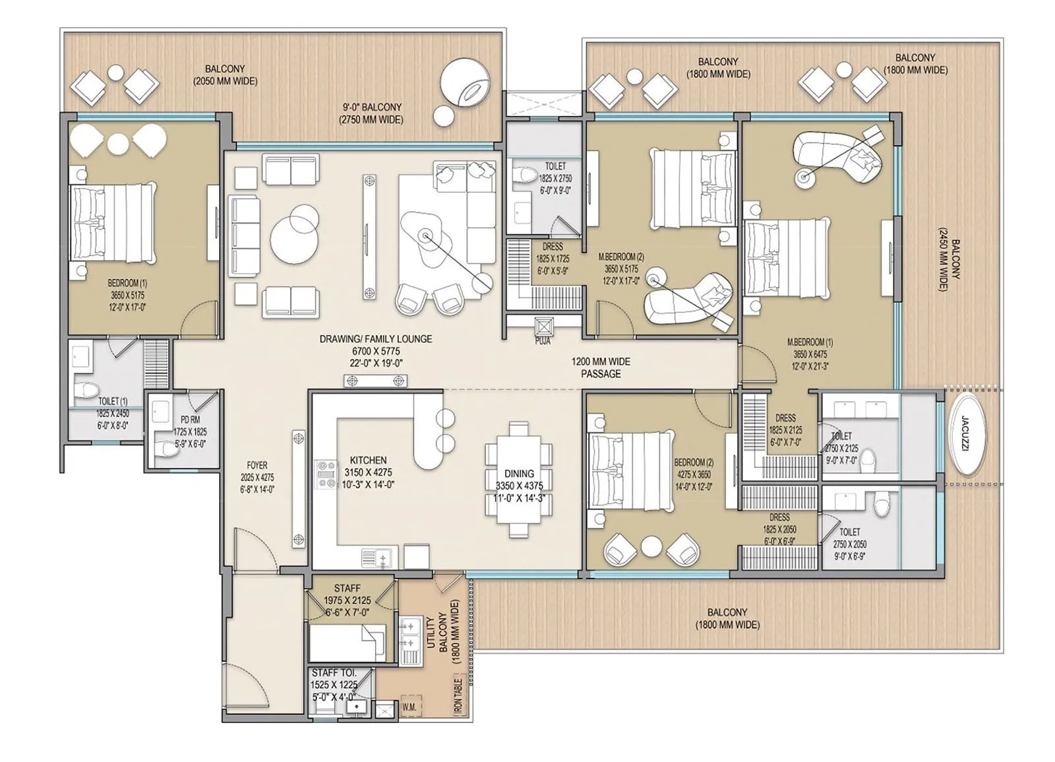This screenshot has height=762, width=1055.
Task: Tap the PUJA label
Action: pos(542,342)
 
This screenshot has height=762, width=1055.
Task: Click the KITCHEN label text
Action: pos(368,460)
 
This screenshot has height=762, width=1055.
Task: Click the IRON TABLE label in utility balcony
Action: pos(458,695)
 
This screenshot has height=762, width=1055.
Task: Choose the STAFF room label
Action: pos(347,588)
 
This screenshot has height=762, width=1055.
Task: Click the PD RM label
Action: pos(190,420)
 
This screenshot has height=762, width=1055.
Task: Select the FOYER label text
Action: pos(257,466)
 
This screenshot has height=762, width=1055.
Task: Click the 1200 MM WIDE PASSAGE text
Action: pos(601,367)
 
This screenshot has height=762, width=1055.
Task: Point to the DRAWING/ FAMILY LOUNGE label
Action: pos(375,339)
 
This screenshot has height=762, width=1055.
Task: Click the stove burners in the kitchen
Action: pos(326,474)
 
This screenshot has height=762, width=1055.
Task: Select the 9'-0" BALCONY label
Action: pos(371,107)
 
